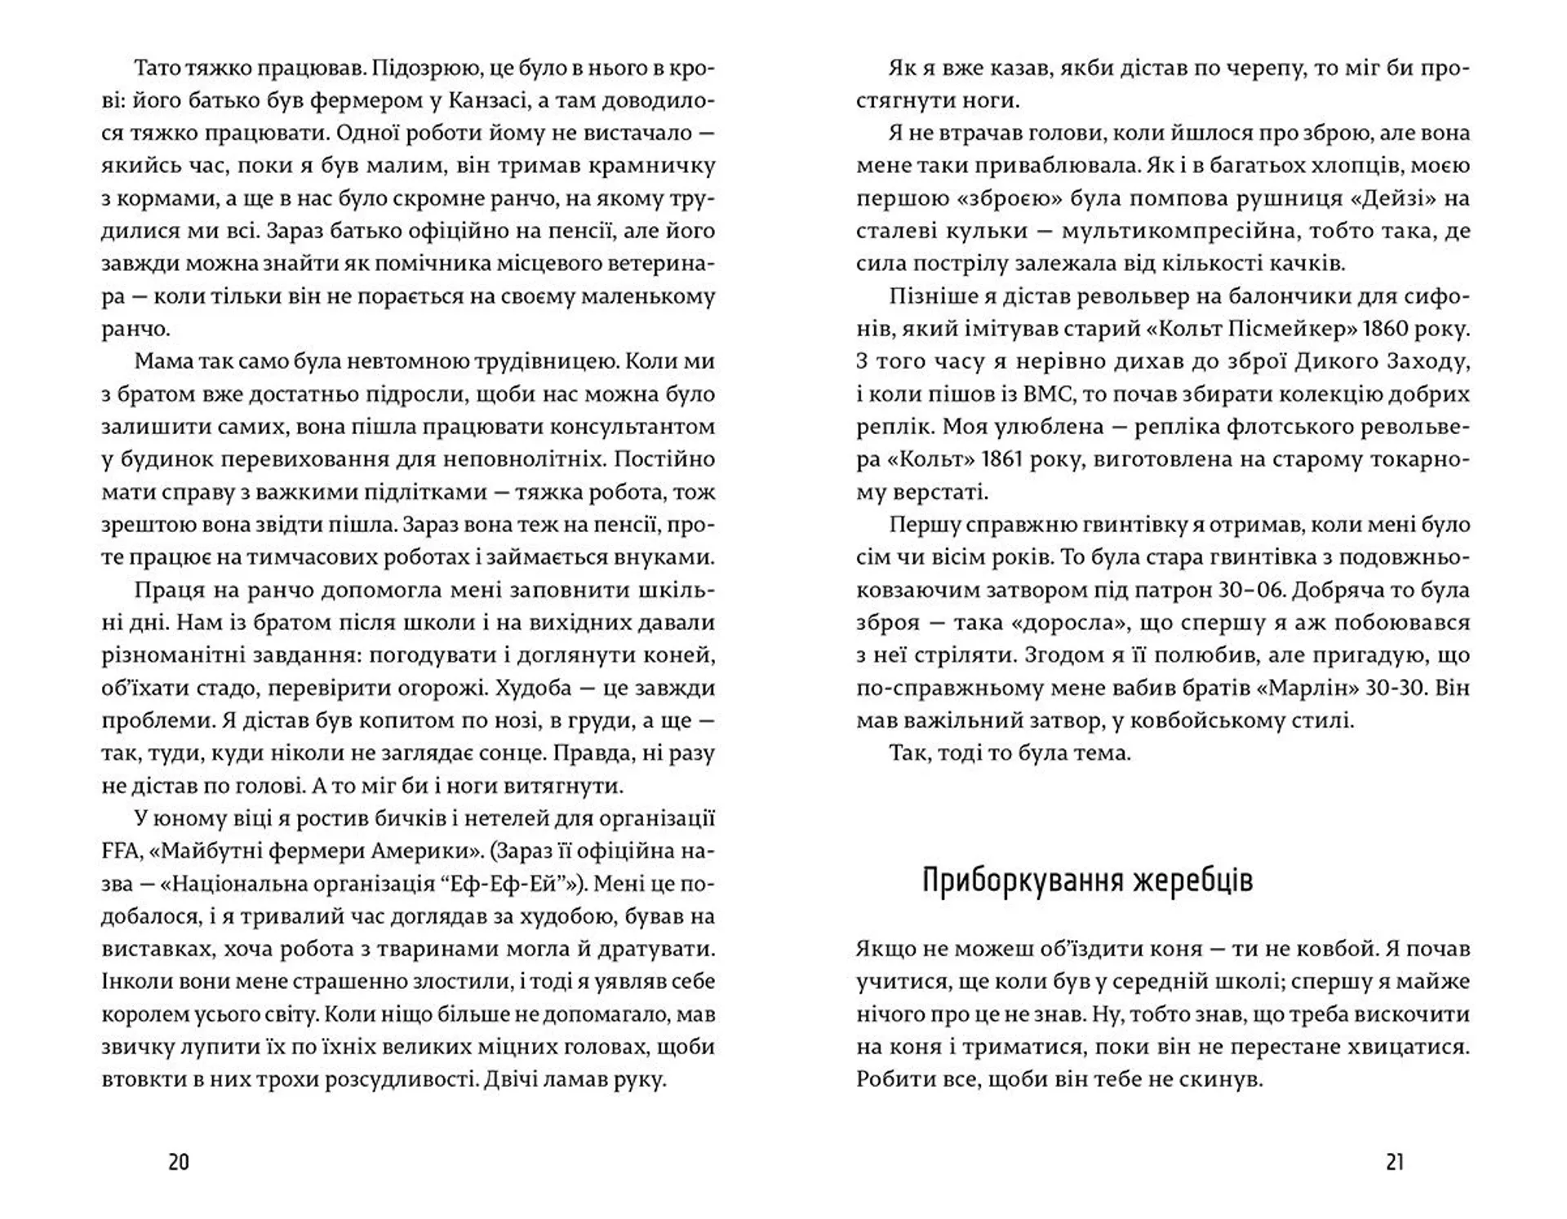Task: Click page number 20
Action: pyautogui.click(x=178, y=1162)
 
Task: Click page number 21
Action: pyautogui.click(x=1395, y=1162)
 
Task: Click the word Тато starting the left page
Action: pyautogui.click(x=158, y=68)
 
